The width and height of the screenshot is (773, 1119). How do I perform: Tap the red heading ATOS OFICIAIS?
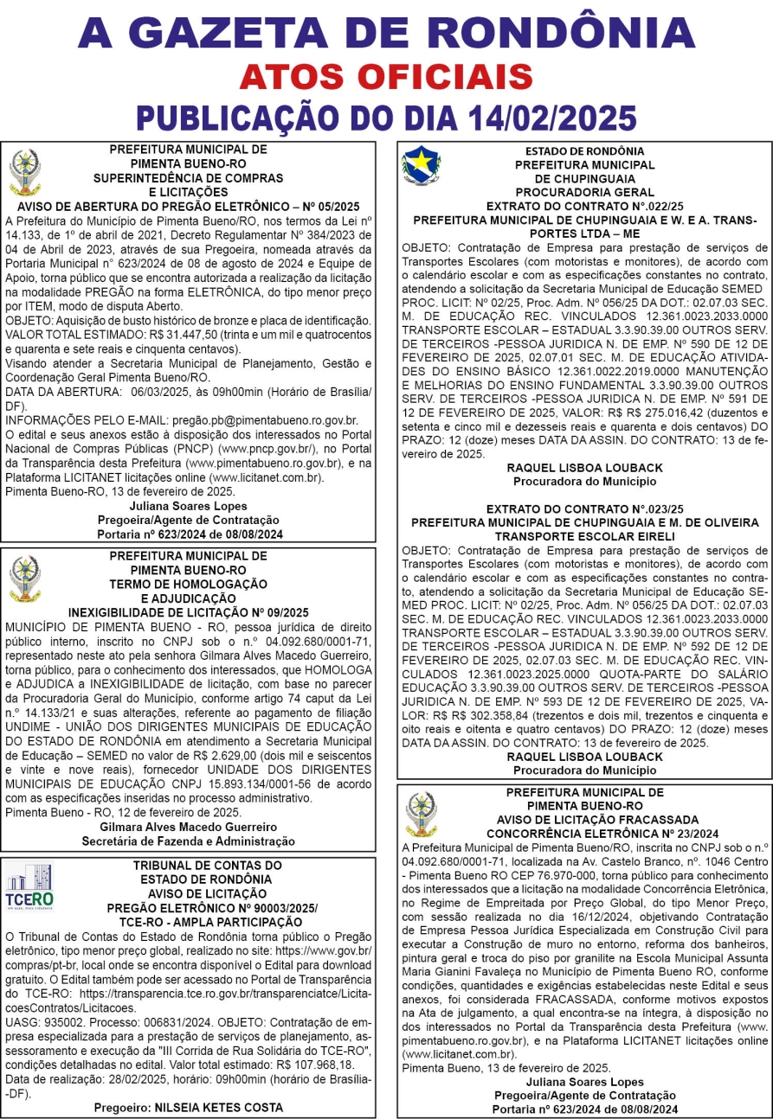tap(386, 77)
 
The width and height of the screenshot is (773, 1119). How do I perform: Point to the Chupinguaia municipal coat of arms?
tap(421, 165)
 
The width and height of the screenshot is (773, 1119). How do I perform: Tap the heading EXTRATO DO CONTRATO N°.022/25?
tap(585, 207)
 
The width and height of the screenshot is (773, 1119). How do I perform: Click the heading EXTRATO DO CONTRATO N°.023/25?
tap(585, 509)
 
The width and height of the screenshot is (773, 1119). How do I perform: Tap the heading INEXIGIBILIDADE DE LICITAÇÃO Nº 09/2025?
tap(189, 612)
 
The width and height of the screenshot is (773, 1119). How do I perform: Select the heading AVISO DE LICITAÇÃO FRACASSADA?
tap(585, 820)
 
